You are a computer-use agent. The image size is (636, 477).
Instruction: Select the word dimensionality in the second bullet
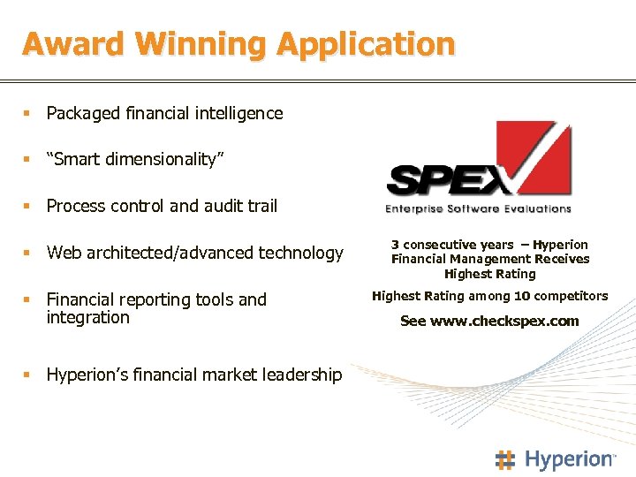(164, 159)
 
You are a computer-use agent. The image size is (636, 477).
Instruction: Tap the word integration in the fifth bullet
(87, 317)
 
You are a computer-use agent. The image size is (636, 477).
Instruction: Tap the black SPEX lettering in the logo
(442, 182)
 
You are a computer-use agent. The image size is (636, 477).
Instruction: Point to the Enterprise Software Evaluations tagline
(478, 209)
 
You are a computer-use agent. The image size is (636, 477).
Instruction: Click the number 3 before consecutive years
(395, 245)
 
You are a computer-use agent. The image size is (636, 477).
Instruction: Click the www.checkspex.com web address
(503, 321)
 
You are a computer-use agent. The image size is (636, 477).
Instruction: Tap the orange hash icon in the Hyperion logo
(504, 459)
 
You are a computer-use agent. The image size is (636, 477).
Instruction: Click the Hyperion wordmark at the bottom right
(568, 459)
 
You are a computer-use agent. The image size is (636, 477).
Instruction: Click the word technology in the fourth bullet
(300, 253)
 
